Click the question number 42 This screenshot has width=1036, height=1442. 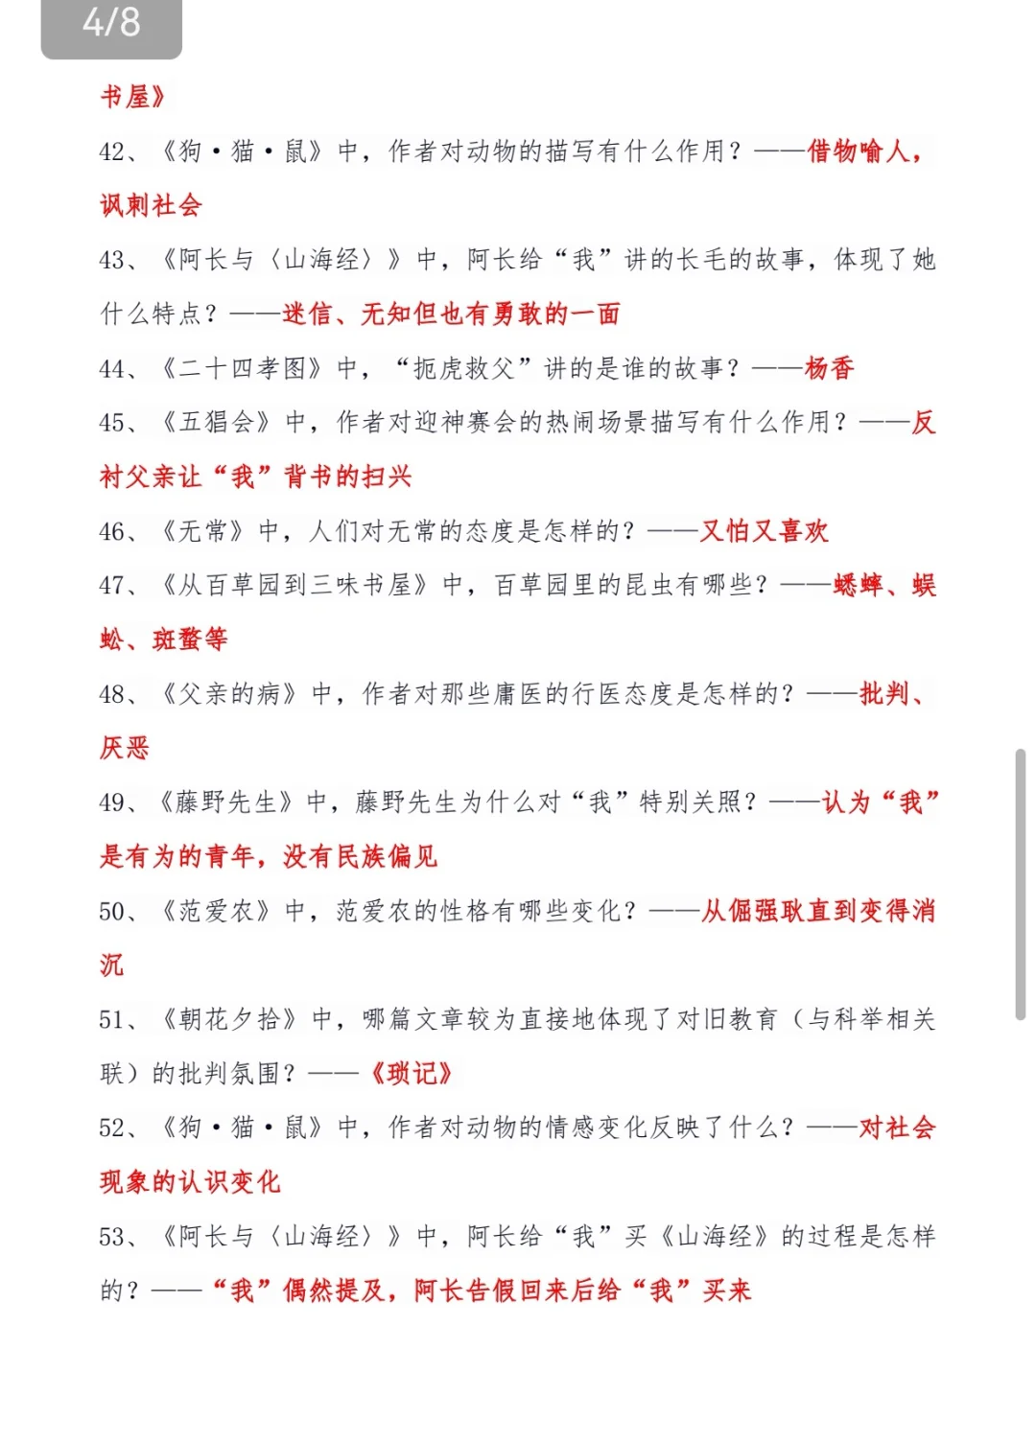(113, 151)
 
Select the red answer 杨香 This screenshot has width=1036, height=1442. (829, 368)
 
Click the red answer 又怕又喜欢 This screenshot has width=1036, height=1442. (764, 531)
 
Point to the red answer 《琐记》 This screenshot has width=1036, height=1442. (411, 1074)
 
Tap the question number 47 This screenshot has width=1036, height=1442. (113, 586)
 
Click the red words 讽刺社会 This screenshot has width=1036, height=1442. (151, 205)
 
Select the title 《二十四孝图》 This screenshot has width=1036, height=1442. (240, 368)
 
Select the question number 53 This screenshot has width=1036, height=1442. (113, 1237)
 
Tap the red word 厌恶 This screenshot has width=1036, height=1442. (125, 748)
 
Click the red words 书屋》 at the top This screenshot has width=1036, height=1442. (132, 97)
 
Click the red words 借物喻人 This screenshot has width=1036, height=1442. (858, 151)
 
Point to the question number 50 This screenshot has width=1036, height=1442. (113, 911)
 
